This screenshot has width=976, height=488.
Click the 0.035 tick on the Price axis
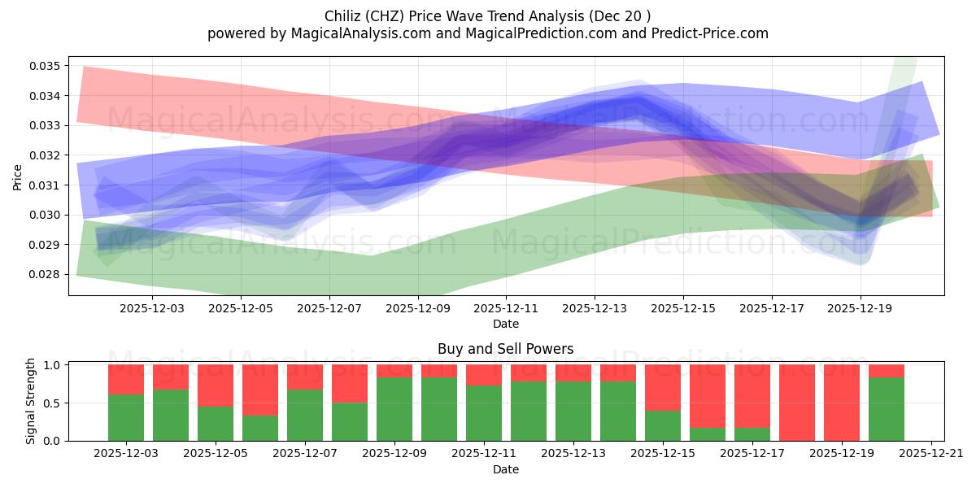pos(46,66)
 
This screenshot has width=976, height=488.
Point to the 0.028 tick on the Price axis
pos(46,274)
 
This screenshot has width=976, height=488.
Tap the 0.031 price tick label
pos(46,185)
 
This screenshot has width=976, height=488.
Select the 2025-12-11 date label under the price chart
pos(506,308)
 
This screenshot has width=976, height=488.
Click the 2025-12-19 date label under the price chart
pos(861,308)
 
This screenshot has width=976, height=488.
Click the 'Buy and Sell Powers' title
pos(505,349)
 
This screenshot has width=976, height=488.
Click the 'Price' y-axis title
pos(18,176)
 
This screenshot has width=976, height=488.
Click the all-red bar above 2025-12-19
pos(842,403)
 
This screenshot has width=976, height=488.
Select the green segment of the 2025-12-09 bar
pos(394,409)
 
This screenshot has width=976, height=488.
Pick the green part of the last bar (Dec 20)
pos(887,409)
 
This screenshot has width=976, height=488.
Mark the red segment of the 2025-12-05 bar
pos(216,385)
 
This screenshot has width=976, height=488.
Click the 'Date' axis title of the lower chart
pos(505,469)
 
